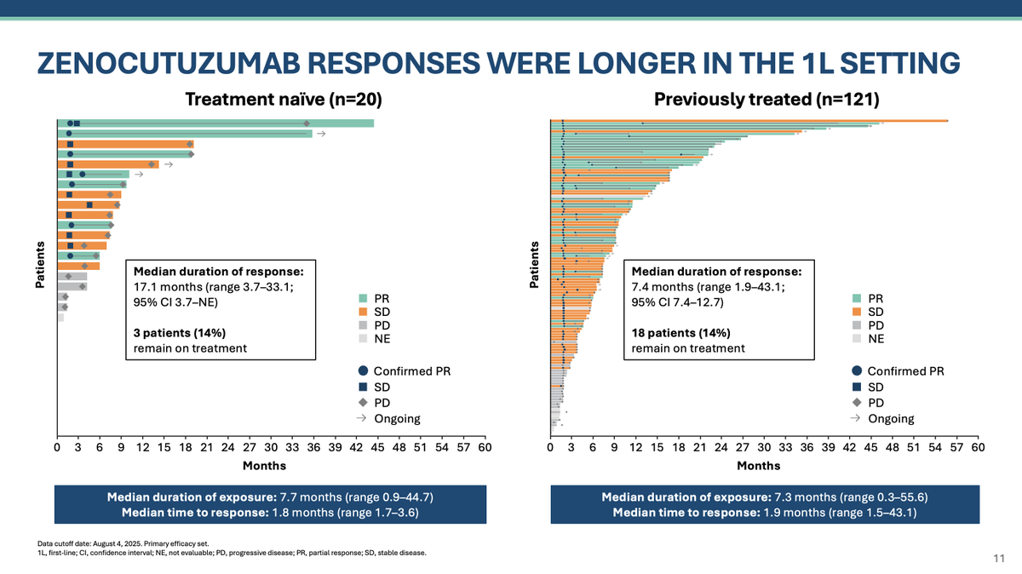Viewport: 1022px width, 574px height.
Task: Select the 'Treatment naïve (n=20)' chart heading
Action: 284,100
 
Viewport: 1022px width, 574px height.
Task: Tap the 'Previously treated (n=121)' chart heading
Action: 766,100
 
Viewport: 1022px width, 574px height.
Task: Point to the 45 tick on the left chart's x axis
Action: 378,446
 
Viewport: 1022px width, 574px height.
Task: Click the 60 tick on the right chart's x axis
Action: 978,446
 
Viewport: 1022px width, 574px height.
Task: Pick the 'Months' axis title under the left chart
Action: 265,466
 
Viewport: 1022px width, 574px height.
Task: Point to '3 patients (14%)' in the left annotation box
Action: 179,333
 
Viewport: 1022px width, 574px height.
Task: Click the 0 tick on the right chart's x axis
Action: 550,446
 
